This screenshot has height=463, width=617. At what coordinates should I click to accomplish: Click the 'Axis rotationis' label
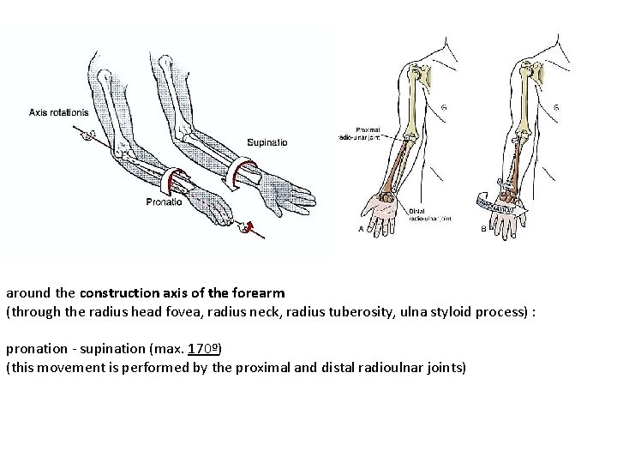pyautogui.click(x=58, y=111)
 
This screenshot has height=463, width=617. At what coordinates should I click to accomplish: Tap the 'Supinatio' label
pyautogui.click(x=267, y=141)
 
